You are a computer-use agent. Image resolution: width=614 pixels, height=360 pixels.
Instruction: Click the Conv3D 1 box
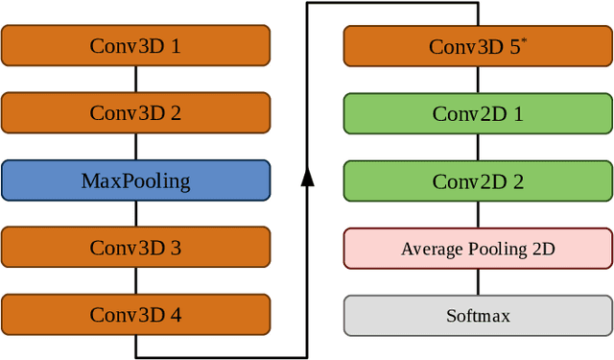point(135,45)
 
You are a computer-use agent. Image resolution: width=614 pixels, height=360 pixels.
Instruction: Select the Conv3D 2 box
point(135,112)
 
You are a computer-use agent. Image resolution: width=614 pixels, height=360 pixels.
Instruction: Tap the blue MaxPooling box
point(135,180)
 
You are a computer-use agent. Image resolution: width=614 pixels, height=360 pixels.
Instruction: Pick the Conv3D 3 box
point(135,248)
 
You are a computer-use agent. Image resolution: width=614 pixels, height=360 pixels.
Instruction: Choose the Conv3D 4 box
point(135,315)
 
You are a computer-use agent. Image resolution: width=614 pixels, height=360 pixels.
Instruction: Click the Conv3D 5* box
point(478,46)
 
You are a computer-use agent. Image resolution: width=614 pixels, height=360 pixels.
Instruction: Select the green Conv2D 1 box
point(478,113)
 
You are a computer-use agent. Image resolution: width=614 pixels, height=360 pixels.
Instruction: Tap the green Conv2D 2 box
point(478,180)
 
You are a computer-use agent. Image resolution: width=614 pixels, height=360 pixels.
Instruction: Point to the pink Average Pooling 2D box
point(478,249)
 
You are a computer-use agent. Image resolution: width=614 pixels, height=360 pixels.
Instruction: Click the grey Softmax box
point(478,316)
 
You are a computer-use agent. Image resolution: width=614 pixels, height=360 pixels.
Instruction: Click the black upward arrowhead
point(307,177)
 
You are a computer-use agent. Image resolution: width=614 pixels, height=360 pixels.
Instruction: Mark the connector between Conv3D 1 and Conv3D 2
point(135,79)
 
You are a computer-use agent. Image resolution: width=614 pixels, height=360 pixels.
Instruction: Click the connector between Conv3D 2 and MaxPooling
point(135,146)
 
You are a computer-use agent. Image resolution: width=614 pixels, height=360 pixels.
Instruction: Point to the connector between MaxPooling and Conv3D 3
point(135,213)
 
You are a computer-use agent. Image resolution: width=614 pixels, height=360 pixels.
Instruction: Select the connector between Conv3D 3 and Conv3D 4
point(135,281)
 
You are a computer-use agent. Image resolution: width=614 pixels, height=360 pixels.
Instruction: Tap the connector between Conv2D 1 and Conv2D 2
point(478,147)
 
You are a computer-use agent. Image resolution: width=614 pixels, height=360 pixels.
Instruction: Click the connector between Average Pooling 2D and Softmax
point(478,282)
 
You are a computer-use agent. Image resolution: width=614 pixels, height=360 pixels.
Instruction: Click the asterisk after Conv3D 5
point(523,40)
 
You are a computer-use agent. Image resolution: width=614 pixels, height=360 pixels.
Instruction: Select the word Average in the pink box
point(432,250)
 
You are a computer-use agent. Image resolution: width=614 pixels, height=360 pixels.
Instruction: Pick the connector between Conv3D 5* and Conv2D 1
point(478,80)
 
